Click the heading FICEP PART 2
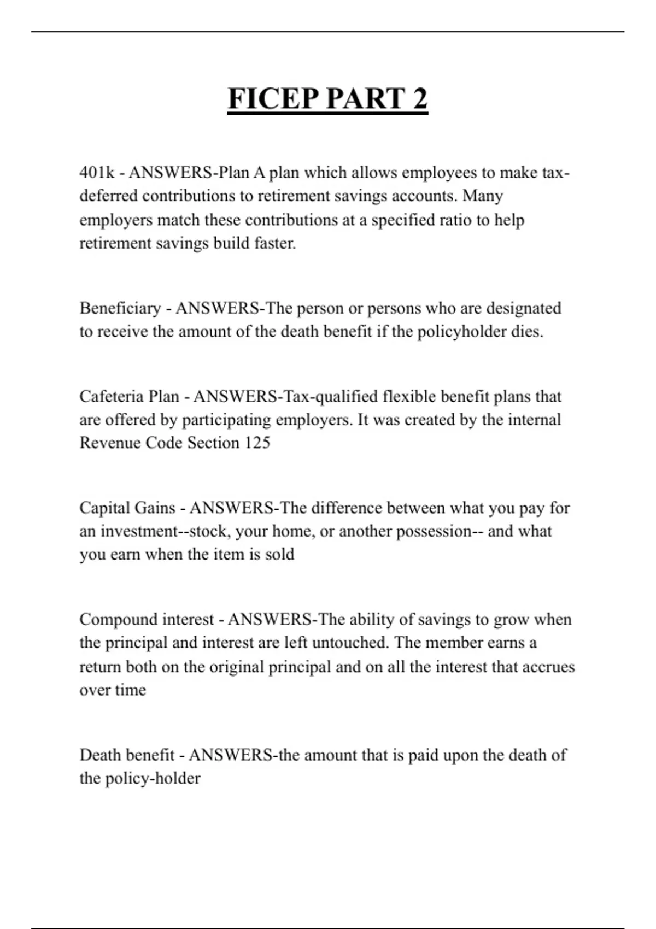[x=327, y=99]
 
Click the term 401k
[x=97, y=173]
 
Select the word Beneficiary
[x=120, y=308]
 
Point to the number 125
[x=257, y=443]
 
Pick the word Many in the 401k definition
[x=483, y=196]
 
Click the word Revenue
[x=110, y=443]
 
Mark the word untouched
[x=349, y=643]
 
